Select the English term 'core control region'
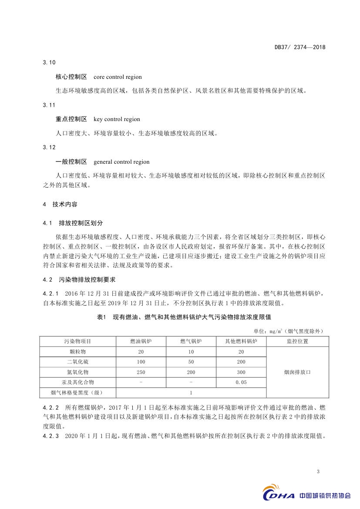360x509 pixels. pyautogui.click(x=118, y=77)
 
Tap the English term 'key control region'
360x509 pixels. pyautogui.click(x=117, y=119)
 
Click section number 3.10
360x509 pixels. pyautogui.click(x=49, y=63)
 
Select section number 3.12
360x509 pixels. pyautogui.click(x=49, y=148)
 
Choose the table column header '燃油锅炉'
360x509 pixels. pyautogui.click(x=141, y=341)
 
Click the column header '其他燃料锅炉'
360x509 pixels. pyautogui.click(x=241, y=341)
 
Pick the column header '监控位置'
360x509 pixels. pyautogui.click(x=298, y=341)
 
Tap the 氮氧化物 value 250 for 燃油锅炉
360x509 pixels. pyautogui.click(x=141, y=372)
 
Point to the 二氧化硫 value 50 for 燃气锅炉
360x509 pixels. pyautogui.click(x=191, y=362)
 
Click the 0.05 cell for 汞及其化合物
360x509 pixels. pyautogui.click(x=241, y=383)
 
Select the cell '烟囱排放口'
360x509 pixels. pyautogui.click(x=298, y=372)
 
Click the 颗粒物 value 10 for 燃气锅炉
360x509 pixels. pyautogui.click(x=191, y=351)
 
